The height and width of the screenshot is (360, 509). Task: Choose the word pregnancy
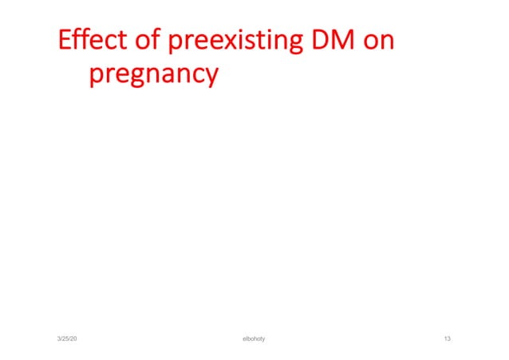(153, 76)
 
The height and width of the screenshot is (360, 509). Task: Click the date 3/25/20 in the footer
(67, 339)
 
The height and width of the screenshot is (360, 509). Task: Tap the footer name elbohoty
(254, 339)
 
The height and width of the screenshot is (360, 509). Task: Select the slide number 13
(447, 339)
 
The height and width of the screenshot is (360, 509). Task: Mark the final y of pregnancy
(210, 77)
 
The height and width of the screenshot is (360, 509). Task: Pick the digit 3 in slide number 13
(449, 339)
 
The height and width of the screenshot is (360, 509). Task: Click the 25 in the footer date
(67, 339)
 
